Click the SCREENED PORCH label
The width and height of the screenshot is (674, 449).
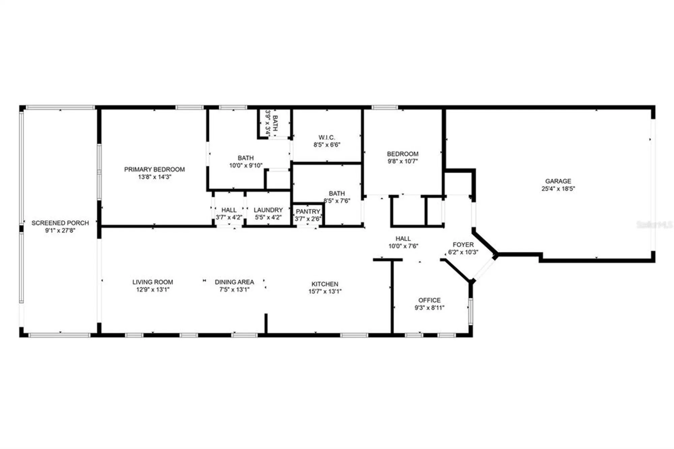click(x=60, y=223)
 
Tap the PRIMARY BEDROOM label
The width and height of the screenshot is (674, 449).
click(x=154, y=169)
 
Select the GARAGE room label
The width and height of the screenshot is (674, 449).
click(x=558, y=181)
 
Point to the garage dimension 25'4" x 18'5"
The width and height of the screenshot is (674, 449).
click(x=558, y=189)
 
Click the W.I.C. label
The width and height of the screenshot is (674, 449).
click(x=327, y=137)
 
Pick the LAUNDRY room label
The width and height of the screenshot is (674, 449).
click(x=268, y=210)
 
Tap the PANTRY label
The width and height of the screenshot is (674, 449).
click(x=308, y=211)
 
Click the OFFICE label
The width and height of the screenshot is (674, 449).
click(x=429, y=300)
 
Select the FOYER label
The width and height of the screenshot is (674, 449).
click(x=463, y=244)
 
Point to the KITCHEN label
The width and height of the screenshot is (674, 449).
click(x=325, y=284)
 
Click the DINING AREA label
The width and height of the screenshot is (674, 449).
click(x=234, y=282)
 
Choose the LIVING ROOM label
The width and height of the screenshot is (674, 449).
click(x=152, y=282)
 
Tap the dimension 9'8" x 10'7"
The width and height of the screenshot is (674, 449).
click(x=402, y=161)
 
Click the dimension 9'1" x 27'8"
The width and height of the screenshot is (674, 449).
click(x=60, y=231)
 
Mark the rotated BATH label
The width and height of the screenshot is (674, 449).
click(x=275, y=123)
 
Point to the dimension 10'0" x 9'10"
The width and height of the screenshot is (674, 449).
click(x=246, y=165)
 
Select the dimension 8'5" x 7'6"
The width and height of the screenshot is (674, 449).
click(x=337, y=201)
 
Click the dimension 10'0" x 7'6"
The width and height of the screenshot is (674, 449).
click(x=403, y=246)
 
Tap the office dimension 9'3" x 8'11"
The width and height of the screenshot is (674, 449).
click(x=429, y=307)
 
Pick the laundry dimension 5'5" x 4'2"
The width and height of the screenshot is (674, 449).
click(x=268, y=217)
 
